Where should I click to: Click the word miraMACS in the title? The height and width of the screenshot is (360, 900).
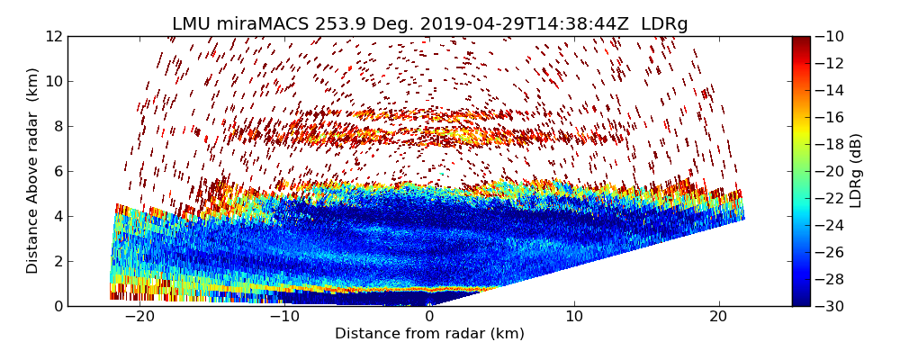pyautogui.click(x=261, y=24)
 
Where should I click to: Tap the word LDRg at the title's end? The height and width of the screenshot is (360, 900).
pyautogui.click(x=664, y=24)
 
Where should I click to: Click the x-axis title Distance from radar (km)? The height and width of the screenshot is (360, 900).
pyautogui.click(x=429, y=334)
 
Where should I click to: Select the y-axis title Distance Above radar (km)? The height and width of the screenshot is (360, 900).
pyautogui.click(x=33, y=171)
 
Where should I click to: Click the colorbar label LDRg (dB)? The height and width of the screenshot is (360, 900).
pyautogui.click(x=856, y=171)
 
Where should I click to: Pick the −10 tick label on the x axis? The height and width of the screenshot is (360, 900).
pyautogui.click(x=283, y=318)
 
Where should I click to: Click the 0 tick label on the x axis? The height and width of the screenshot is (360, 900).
pyautogui.click(x=429, y=318)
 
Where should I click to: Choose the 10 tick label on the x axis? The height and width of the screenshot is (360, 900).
pyautogui.click(x=574, y=318)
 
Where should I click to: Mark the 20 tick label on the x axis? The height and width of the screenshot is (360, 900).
pyautogui.click(x=718, y=318)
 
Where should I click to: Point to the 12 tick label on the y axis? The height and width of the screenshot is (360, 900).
pyautogui.click(x=54, y=36)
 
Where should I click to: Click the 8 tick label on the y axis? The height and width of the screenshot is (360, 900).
pyautogui.click(x=58, y=126)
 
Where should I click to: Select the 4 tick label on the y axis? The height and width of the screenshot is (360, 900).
pyautogui.click(x=58, y=216)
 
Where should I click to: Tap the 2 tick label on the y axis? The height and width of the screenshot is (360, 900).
pyautogui.click(x=58, y=261)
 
